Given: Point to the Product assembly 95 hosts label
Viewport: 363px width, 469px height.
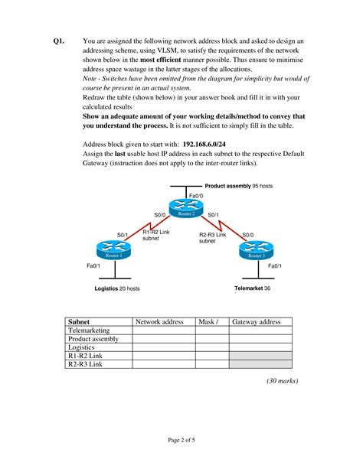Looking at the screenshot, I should coord(238,186).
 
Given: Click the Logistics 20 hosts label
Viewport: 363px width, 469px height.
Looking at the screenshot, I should coord(116,288).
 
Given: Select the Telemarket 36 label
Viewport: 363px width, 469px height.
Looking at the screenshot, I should coord(252,288).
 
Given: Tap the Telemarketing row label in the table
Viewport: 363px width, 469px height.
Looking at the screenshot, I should coord(90,331).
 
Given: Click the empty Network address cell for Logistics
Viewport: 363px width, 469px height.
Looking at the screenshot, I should coord(163,347).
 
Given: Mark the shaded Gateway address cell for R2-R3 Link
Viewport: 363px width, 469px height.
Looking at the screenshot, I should coord(260,364).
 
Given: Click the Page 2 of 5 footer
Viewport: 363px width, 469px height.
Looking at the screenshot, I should coord(181,439).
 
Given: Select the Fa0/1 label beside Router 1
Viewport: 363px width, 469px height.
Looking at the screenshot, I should coord(93,265).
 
